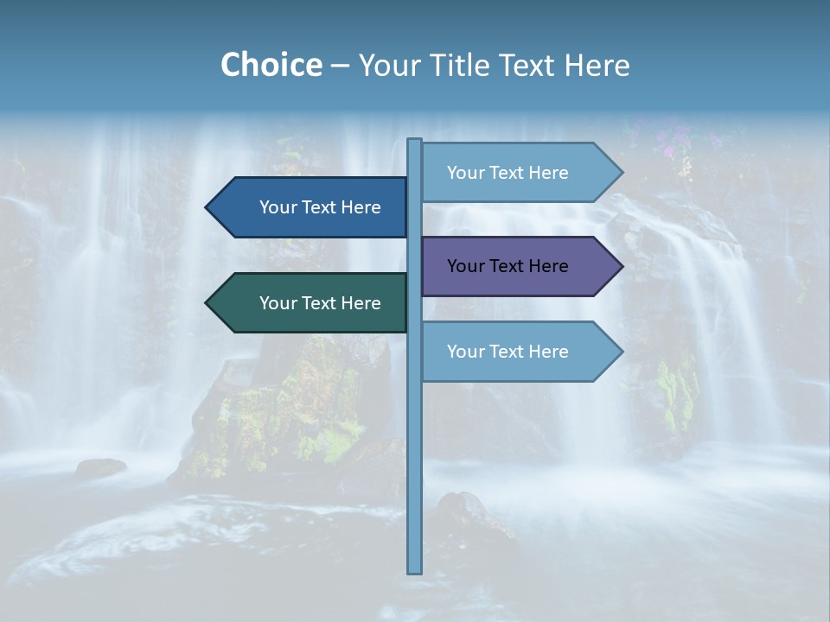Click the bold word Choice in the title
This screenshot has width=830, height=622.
(271, 65)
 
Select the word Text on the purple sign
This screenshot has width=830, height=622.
(508, 266)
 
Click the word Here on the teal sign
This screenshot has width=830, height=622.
(361, 303)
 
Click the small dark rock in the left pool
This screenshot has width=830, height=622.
(100, 467)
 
